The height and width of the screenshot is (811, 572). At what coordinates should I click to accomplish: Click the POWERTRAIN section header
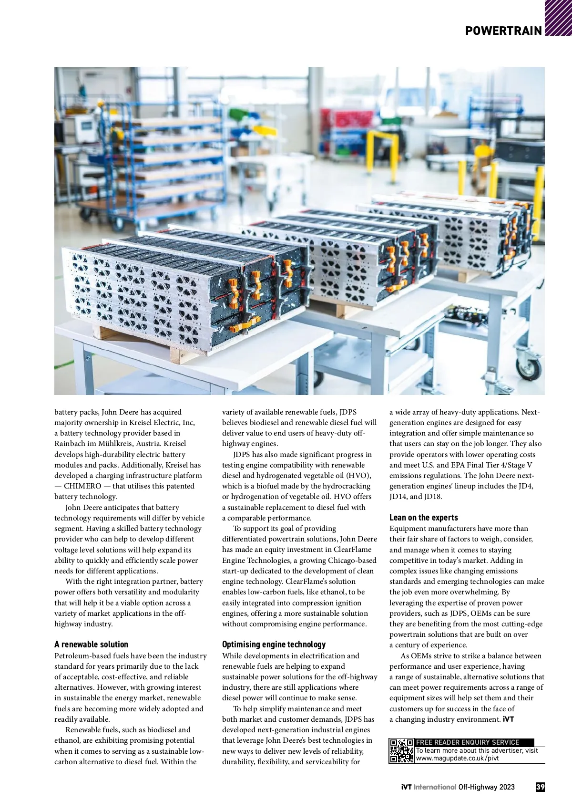coord(503,31)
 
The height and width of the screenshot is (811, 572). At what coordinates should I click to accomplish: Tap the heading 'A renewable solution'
coord(91,644)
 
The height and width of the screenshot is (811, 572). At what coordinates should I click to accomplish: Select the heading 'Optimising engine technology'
coord(274,644)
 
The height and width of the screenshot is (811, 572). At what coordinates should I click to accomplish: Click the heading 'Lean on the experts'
coord(423,517)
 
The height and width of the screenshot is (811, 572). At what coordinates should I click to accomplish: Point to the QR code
coord(401,751)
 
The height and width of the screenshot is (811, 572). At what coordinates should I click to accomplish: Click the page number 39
coord(540,787)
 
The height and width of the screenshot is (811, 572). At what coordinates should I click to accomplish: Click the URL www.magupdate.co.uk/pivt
coord(457,758)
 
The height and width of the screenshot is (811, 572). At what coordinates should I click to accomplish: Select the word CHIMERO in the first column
coord(82,486)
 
